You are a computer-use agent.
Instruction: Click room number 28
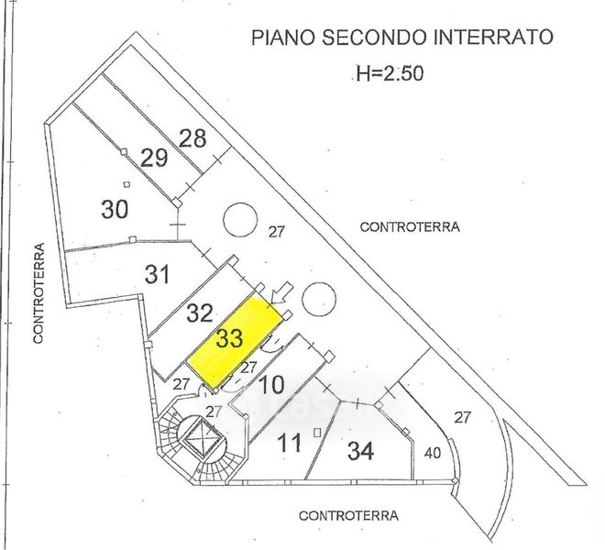tap(192, 138)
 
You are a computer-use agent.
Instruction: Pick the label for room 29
tap(154, 158)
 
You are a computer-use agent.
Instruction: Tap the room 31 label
tap(159, 272)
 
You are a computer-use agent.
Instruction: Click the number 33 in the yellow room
tap(229, 337)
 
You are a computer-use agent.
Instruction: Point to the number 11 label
tap(289, 445)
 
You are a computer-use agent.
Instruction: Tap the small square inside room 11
tap(315, 432)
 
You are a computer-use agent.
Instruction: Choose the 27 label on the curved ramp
tap(463, 417)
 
